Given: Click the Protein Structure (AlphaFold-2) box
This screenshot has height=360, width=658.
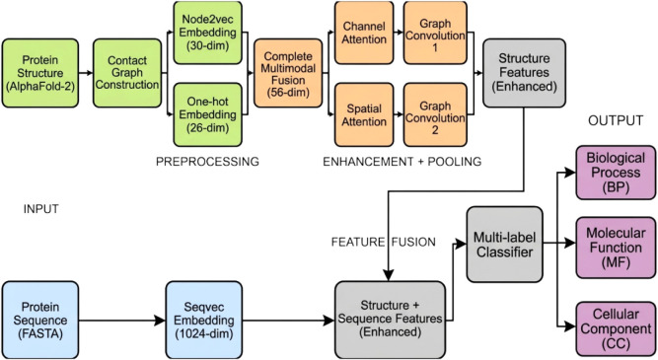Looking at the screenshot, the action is coord(40,73).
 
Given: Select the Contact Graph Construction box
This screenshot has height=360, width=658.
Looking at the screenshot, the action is coord(127,73).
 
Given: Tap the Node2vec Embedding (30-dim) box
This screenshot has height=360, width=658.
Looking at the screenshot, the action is coord(208,33).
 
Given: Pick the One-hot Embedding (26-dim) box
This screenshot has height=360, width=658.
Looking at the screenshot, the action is coord(208,114).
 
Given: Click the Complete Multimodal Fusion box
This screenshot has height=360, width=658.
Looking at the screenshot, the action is coord(288,73).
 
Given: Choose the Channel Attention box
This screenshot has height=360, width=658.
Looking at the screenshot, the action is coord(364,33).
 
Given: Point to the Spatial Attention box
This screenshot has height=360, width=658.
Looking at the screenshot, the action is coord(364,114).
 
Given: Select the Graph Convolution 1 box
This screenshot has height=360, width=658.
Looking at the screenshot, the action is coord(435,33).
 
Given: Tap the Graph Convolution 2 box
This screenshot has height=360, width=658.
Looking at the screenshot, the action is coord(435,114).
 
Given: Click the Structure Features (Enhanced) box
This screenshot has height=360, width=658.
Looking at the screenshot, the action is coord(524,73).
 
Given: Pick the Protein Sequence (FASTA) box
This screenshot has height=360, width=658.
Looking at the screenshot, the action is coord(40,321).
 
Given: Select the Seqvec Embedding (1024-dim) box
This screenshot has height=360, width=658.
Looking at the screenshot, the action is coord(204,321).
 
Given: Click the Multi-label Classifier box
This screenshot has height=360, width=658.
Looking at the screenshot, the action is coord(505,245).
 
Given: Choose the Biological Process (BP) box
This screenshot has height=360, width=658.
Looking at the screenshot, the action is coord(616,173).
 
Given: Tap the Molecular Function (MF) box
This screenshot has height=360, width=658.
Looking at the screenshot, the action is coord(616,248).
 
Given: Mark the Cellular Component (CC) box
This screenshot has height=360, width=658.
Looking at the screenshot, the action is coord(616,328).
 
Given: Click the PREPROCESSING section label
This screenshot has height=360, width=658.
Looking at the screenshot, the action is coord(207,162).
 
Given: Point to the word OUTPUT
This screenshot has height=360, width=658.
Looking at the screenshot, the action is coord(616,121).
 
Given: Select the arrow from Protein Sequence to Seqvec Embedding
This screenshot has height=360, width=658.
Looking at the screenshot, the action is coord(122,321).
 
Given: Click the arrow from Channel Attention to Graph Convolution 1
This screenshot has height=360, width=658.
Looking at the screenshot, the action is coord(400,33).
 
